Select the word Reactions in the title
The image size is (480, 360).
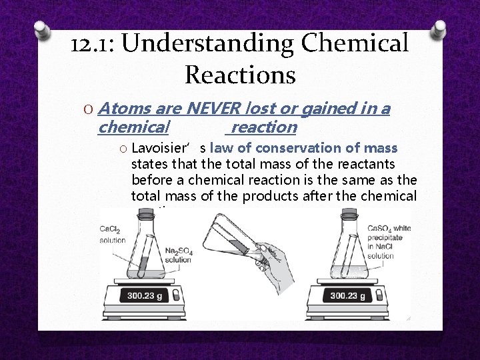click(x=240, y=74)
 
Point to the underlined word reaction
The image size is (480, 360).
click(x=264, y=127)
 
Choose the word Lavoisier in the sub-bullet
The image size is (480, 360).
click(x=160, y=148)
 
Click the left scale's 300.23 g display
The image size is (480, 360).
click(x=146, y=295)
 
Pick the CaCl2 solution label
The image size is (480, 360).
click(x=112, y=234)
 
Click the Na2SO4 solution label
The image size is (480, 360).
click(x=179, y=255)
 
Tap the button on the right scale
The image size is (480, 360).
click(x=379, y=295)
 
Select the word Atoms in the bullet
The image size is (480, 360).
click(x=126, y=108)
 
